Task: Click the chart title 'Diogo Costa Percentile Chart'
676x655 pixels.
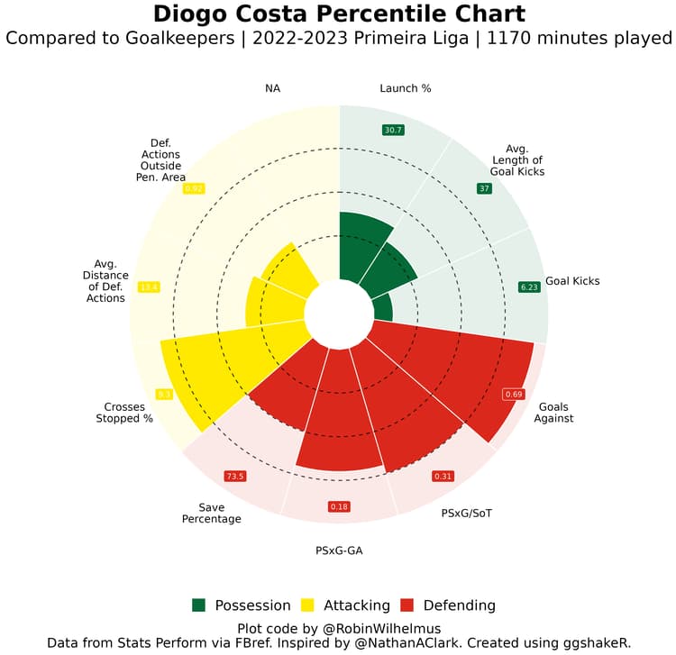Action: point(338,14)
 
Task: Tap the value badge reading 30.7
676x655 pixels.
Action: point(393,130)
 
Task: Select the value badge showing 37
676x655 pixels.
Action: point(484,188)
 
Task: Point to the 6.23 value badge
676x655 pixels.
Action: point(528,287)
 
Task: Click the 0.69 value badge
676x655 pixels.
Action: point(514,395)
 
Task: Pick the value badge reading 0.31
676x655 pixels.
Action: point(443,476)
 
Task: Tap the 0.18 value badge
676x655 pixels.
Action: point(339,506)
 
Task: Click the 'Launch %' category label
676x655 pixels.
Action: point(405,88)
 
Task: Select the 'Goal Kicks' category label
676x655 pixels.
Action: point(572,281)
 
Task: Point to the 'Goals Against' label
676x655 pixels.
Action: point(553,412)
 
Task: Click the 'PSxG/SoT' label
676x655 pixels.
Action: point(467,514)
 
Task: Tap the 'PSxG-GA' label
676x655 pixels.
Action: point(339,550)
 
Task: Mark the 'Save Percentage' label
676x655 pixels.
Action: point(212,513)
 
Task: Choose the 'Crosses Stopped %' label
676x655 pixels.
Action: point(123,412)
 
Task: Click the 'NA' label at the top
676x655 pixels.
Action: point(272,88)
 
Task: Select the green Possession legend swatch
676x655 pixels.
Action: point(200,605)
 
